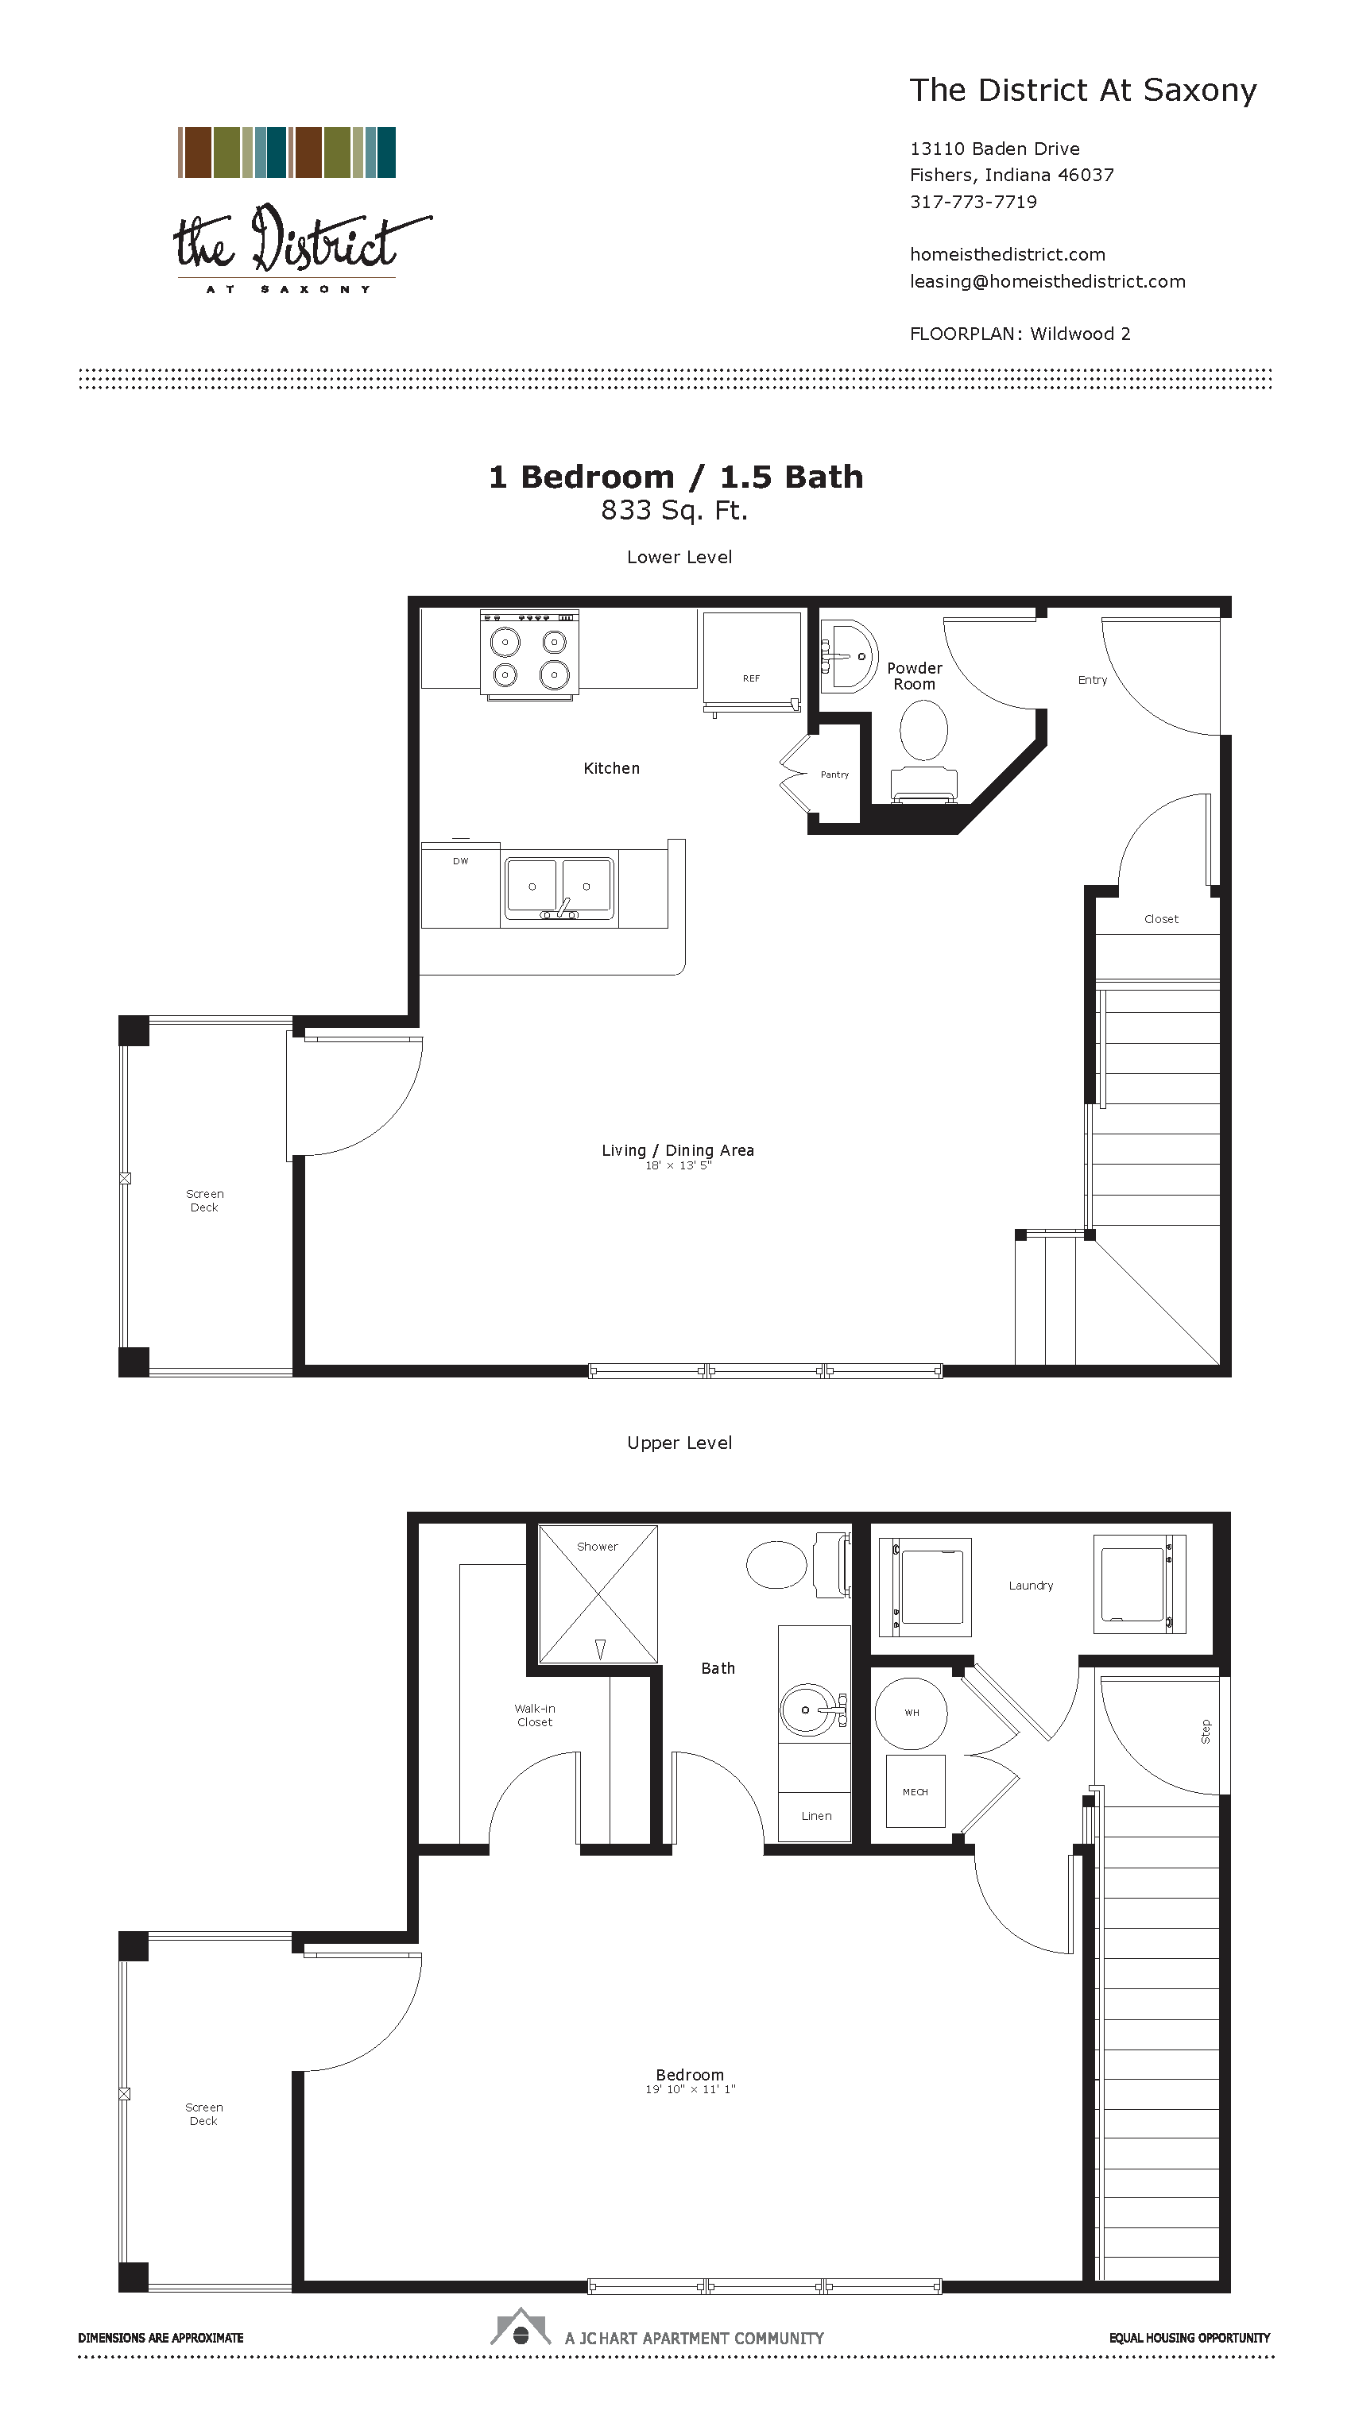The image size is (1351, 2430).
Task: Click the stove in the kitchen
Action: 529,655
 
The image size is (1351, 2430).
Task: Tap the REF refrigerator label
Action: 751,678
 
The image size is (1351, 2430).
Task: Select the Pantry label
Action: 834,775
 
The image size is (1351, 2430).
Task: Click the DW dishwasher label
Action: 460,861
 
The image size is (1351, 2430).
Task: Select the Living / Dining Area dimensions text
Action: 677,1166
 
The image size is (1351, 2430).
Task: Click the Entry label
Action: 1093,680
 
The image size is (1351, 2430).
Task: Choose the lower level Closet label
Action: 1160,919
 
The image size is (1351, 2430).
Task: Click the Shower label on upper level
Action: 597,1546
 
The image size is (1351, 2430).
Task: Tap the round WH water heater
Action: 911,1712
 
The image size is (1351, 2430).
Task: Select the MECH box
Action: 916,1791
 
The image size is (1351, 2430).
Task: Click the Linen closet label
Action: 816,1816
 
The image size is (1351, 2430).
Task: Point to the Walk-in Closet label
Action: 534,1715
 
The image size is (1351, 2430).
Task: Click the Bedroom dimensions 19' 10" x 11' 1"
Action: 690,2088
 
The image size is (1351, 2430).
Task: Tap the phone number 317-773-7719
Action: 973,202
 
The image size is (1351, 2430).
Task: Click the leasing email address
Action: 1047,281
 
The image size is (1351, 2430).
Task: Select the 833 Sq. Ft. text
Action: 674,510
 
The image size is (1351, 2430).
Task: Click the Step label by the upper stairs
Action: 1205,1731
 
